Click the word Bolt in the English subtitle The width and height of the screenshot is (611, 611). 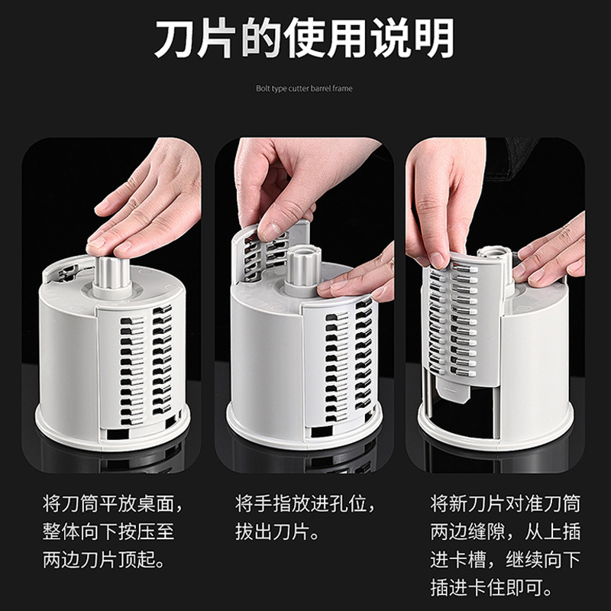[x=263, y=89]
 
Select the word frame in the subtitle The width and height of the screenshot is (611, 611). [x=342, y=89]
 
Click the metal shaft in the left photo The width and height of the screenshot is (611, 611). [x=112, y=273]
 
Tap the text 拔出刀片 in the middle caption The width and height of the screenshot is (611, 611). [x=272, y=532]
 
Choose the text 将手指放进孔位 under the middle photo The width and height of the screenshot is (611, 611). [x=300, y=503]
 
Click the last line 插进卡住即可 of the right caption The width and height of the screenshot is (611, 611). [x=486, y=587]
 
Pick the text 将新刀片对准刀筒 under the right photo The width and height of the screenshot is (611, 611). [x=505, y=503]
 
